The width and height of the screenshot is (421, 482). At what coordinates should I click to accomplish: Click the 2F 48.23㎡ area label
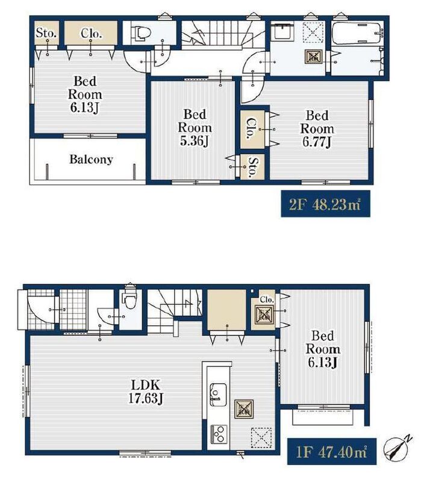[325, 204]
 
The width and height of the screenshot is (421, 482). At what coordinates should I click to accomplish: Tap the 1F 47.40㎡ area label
[332, 451]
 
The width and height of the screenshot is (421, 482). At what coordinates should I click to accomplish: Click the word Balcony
[91, 159]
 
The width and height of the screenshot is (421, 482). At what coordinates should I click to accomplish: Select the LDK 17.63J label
[145, 392]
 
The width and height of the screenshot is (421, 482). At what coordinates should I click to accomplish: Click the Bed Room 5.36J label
[195, 128]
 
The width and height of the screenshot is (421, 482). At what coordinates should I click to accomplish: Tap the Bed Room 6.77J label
[317, 129]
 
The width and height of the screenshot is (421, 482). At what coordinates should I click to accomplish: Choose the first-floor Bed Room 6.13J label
[323, 349]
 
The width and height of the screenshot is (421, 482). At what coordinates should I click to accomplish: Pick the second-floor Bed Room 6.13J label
[85, 95]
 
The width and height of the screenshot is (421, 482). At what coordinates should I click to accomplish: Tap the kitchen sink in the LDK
[218, 395]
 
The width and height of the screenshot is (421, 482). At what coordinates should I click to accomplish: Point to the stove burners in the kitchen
[219, 434]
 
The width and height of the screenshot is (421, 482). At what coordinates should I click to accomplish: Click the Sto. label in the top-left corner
[46, 33]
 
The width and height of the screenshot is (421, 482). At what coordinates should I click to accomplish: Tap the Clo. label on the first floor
[266, 299]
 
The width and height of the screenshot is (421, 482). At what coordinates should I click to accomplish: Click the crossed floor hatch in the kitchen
[244, 409]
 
